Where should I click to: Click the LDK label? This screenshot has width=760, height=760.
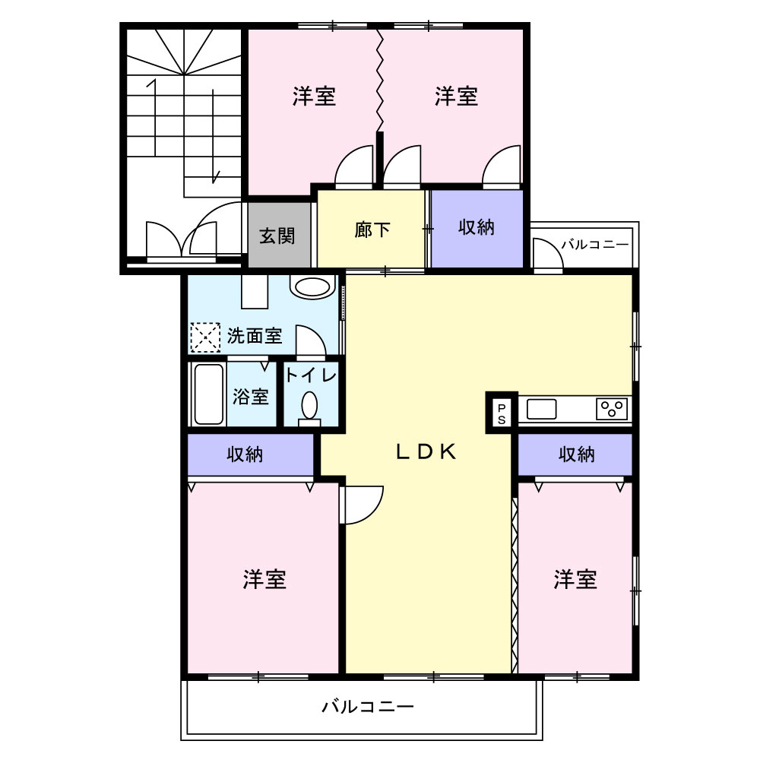(x=426, y=451)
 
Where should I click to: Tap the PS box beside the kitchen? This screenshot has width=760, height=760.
(x=502, y=413)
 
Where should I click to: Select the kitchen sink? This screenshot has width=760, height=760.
(x=541, y=409)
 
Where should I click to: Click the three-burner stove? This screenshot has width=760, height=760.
(x=612, y=409)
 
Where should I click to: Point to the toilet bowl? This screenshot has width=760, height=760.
(x=310, y=405)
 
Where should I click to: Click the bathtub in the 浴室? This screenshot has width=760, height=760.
(x=209, y=394)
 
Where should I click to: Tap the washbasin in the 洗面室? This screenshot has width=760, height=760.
(x=312, y=287)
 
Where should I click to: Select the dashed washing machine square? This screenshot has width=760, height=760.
(x=205, y=337)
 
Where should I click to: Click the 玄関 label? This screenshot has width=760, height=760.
(x=277, y=236)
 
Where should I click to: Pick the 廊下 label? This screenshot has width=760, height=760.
(x=372, y=230)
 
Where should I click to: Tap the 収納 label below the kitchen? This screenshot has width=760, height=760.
(x=576, y=454)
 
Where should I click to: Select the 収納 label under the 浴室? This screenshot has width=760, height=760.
(x=245, y=454)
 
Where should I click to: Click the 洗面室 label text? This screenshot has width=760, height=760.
(x=255, y=335)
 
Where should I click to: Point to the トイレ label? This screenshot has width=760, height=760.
(x=311, y=375)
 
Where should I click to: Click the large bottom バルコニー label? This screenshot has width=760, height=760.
(x=368, y=706)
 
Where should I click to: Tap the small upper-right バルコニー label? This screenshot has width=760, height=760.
(x=595, y=244)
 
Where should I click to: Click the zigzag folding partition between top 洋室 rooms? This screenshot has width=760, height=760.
(x=380, y=80)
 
